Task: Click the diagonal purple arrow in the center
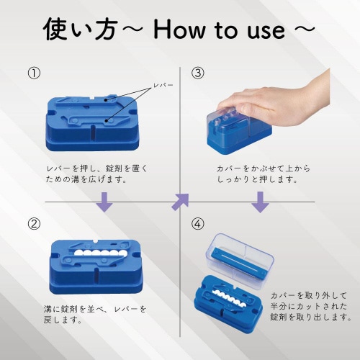coord(179,202)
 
